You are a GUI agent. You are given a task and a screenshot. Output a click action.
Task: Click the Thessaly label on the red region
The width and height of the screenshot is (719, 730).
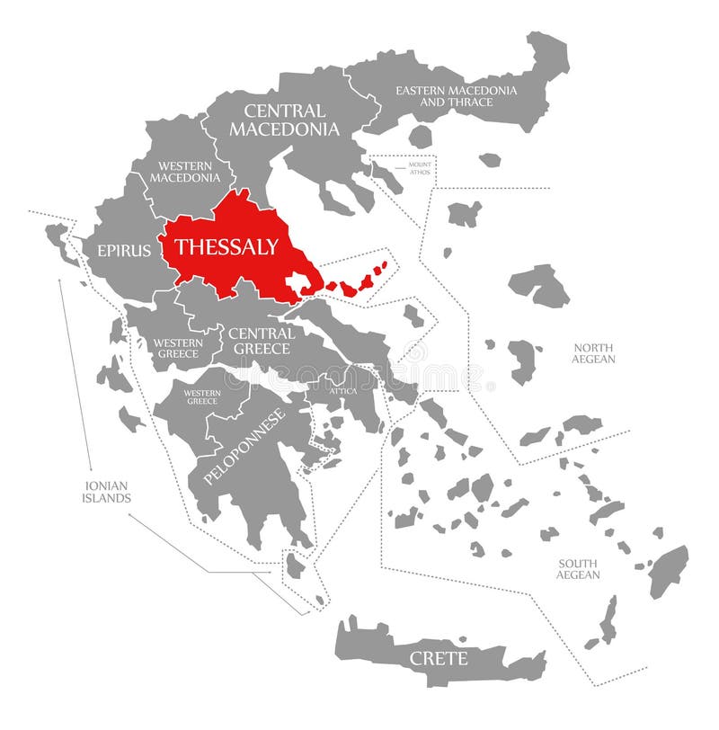tap(226, 246)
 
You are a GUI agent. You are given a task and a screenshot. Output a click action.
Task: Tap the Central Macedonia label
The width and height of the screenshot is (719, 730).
tap(284, 120)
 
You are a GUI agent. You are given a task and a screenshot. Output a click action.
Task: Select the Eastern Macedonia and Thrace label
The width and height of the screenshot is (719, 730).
tap(456, 96)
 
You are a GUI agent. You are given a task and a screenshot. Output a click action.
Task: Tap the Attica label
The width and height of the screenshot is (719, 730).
tap(342, 391)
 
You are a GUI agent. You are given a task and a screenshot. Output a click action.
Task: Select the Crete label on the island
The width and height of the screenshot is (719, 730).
tap(439, 659)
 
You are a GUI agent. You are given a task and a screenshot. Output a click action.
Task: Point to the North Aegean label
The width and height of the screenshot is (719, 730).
tap(593, 353)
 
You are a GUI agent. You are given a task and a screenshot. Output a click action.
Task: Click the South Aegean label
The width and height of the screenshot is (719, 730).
tap(577, 568)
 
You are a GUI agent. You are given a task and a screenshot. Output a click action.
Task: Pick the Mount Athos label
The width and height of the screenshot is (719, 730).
tap(420, 168)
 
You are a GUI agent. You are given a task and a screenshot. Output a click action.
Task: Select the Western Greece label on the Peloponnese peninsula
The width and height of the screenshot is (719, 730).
tap(200, 396)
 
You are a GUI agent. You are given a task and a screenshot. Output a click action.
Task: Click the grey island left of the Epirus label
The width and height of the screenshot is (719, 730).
tap(58, 238)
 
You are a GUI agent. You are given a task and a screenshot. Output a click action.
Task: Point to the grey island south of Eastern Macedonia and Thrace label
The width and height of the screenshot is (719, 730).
tap(420, 137)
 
